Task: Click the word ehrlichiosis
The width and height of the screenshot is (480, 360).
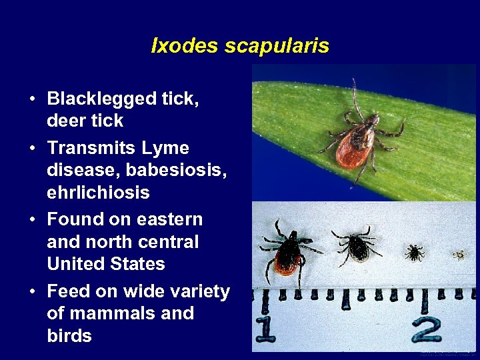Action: pyautogui.click(x=98, y=193)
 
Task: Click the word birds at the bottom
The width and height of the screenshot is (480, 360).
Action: pyautogui.click(x=69, y=335)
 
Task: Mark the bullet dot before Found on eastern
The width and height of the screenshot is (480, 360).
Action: pyautogui.click(x=32, y=220)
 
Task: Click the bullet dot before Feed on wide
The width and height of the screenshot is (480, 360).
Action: pyautogui.click(x=32, y=292)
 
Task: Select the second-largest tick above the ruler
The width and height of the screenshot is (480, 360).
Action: pyautogui.click(x=358, y=246)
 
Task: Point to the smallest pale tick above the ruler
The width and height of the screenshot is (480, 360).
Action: pyautogui.click(x=458, y=254)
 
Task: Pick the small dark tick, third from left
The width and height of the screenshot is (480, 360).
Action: pyautogui.click(x=414, y=252)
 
